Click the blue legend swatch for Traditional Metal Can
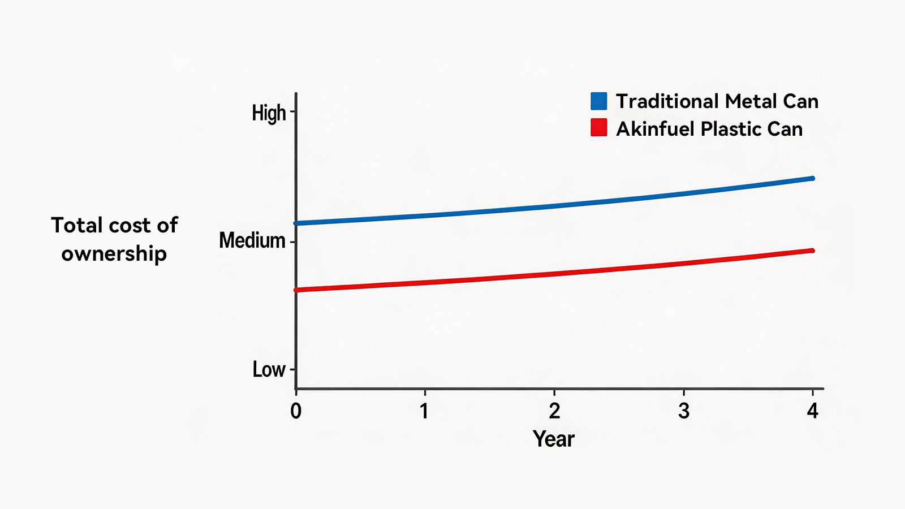pyautogui.click(x=599, y=101)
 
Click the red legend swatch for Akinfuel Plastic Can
pyautogui.click(x=599, y=127)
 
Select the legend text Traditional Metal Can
pyautogui.click(x=717, y=101)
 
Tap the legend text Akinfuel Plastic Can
pyautogui.click(x=709, y=130)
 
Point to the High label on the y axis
pyautogui.click(x=269, y=113)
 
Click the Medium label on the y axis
pyautogui.click(x=252, y=241)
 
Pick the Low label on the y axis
pyautogui.click(x=269, y=369)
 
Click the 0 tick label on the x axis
pyautogui.click(x=296, y=411)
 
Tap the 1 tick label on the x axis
pyautogui.click(x=424, y=411)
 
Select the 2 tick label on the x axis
pyautogui.click(x=554, y=411)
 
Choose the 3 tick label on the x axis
pyautogui.click(x=684, y=411)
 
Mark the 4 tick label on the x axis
pyautogui.click(x=812, y=411)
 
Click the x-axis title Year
pyautogui.click(x=554, y=439)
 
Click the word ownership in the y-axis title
pyautogui.click(x=114, y=254)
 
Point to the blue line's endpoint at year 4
pyautogui.click(x=812, y=178)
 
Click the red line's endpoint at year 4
pyautogui.click(x=812, y=251)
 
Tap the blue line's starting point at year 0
pyautogui.click(x=296, y=223)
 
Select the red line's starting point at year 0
pyautogui.click(x=296, y=290)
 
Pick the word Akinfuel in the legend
pyautogui.click(x=655, y=129)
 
